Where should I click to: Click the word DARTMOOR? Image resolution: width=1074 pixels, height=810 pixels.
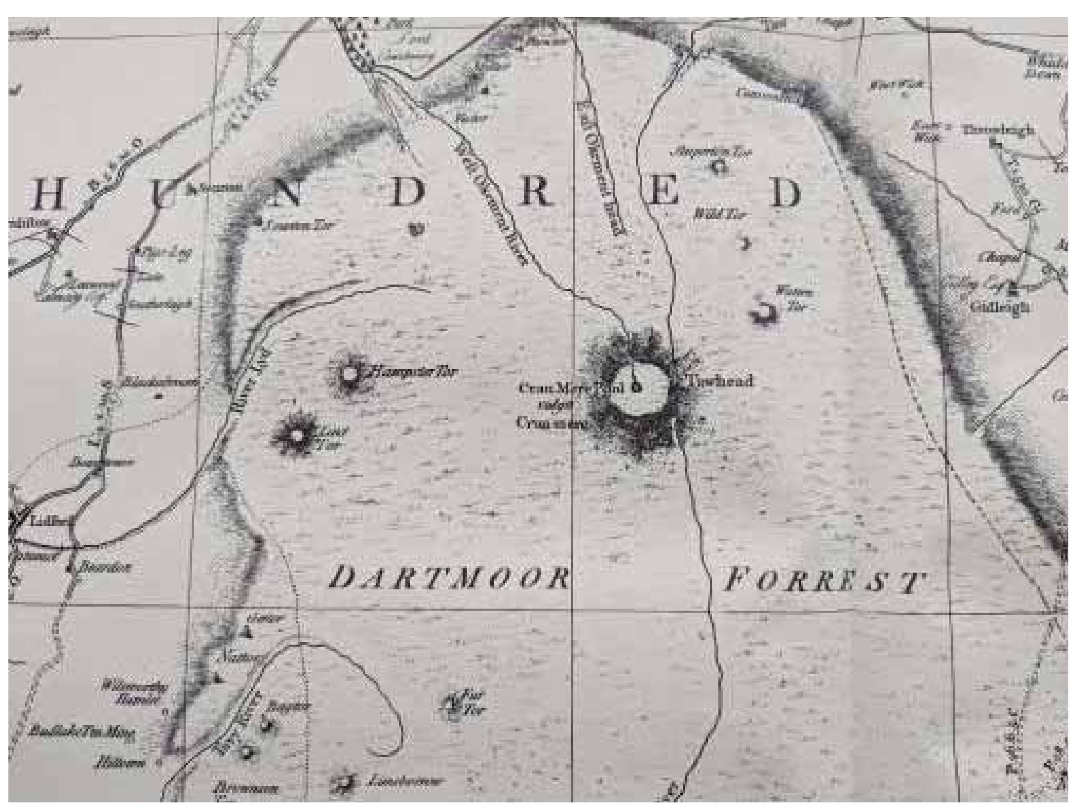(x=448, y=578)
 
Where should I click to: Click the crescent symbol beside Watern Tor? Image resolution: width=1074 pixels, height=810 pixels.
(x=764, y=313)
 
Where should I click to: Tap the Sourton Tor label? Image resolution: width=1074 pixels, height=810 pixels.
(x=299, y=225)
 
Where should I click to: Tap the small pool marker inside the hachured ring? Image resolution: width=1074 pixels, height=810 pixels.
(x=639, y=388)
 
